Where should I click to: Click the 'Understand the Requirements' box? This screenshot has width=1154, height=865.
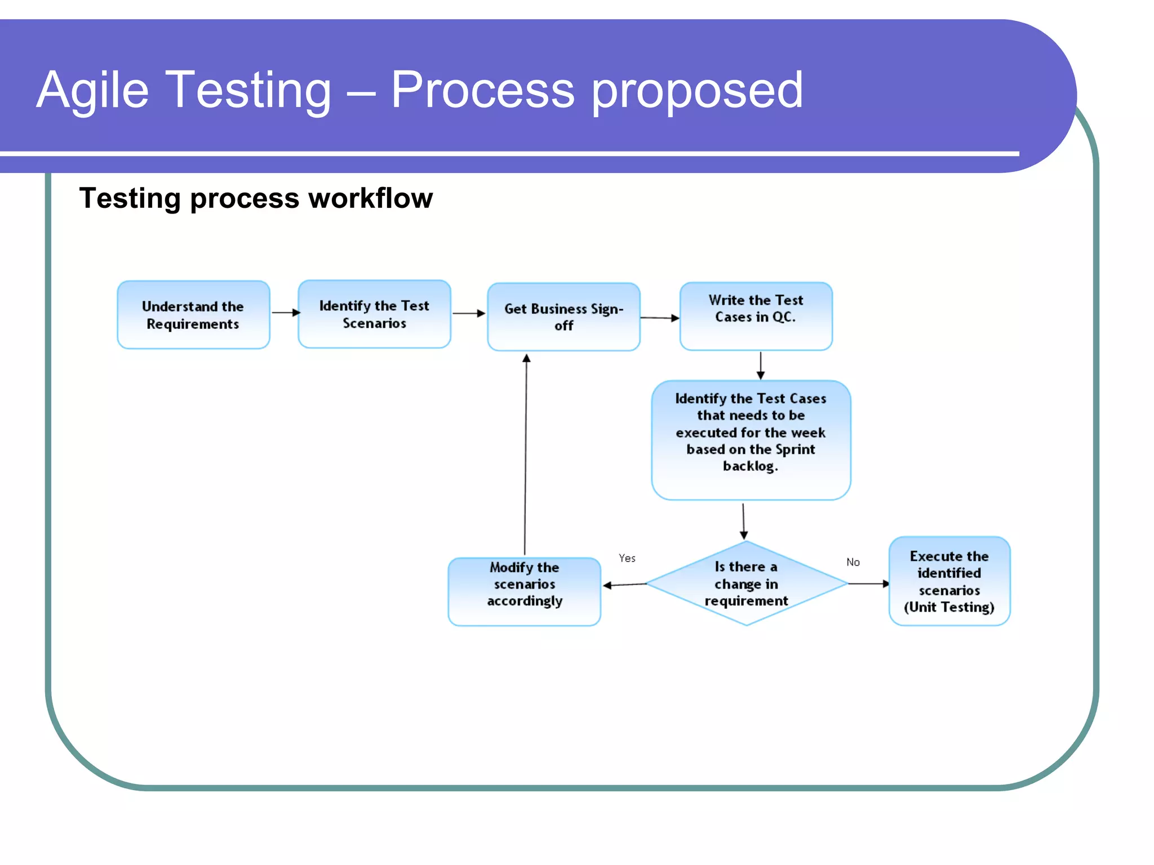[193, 315]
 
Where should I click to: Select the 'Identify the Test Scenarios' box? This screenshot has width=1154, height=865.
[374, 314]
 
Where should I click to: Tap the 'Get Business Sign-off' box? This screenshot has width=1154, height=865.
[563, 317]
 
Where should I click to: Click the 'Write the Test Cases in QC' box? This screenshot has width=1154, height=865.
[756, 316]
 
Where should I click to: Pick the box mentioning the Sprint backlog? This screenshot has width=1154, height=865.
[751, 439]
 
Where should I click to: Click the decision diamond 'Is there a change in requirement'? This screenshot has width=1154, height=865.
[746, 583]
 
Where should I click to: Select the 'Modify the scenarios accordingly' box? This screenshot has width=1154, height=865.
[524, 591]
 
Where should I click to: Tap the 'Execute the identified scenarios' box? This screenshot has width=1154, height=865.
[949, 581]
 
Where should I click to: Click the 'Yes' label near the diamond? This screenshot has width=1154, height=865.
[627, 558]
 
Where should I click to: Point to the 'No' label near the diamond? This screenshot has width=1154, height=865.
[853, 562]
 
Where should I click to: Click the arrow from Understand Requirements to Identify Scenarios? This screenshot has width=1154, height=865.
[285, 313]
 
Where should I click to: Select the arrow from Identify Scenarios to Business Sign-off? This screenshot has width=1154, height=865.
[468, 313]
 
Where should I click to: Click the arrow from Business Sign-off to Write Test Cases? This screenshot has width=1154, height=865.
[659, 318]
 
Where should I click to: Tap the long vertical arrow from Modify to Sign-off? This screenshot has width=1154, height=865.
[526, 456]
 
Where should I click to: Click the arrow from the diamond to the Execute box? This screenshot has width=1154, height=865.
[868, 584]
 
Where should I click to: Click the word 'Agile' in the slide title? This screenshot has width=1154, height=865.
[93, 90]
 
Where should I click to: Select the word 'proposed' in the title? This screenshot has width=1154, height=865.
[697, 90]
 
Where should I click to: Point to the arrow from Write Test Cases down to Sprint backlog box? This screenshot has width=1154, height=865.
[760, 365]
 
